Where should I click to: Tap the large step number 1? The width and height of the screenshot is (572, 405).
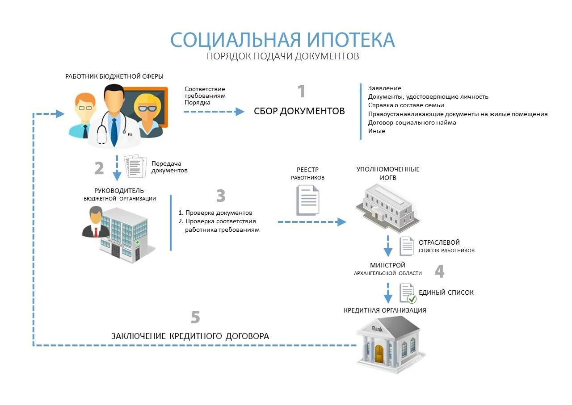(302, 91)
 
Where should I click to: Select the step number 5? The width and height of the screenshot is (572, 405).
(195, 317)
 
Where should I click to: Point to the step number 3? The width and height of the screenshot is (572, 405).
(221, 196)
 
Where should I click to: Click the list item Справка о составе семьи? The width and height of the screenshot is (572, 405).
(406, 105)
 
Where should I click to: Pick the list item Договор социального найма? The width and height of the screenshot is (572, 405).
(412, 122)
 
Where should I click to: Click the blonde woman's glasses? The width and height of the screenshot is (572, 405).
(147, 108)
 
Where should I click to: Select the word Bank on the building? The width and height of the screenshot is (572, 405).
(378, 329)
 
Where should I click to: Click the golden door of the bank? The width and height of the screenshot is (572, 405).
(379, 354)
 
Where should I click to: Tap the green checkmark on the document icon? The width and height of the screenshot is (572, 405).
(412, 298)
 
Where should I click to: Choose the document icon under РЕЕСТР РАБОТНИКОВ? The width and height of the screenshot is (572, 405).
(308, 200)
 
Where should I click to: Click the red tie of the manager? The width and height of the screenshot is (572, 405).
(95, 231)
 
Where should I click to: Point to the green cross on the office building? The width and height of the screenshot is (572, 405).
(138, 242)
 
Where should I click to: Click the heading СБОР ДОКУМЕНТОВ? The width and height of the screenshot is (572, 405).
(299, 111)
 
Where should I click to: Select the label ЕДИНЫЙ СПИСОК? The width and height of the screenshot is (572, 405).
(446, 292)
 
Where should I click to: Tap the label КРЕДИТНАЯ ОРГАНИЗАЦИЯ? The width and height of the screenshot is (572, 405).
(385, 310)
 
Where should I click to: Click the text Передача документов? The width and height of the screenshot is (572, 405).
(169, 167)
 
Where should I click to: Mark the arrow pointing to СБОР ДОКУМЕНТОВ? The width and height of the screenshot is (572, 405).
(214, 111)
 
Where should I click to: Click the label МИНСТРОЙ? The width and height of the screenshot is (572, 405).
(387, 265)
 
